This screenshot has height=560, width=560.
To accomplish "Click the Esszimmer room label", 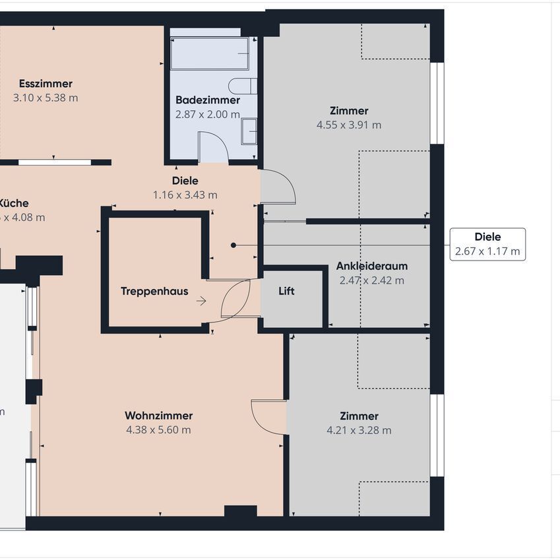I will [x=46, y=84].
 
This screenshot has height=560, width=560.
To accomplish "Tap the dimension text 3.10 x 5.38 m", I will [x=46, y=98].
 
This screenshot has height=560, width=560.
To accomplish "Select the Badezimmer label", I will [x=207, y=100].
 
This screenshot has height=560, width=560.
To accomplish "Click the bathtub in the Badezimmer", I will [x=210, y=53].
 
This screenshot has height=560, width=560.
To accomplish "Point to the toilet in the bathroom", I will [x=242, y=86].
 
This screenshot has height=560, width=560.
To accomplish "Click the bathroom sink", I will [x=249, y=131].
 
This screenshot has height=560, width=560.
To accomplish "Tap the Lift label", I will [x=286, y=291].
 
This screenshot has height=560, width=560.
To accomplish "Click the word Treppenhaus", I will [x=154, y=291].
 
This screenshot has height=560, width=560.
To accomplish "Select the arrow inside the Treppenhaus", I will [x=201, y=301].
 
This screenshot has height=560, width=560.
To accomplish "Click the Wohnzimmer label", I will [x=158, y=416].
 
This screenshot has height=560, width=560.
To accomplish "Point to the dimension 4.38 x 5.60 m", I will [x=158, y=430].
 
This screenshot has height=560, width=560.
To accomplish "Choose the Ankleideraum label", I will [x=371, y=266].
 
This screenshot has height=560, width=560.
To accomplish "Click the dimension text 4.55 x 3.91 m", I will [x=349, y=125].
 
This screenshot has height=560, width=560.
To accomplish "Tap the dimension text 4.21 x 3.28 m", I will [x=359, y=431].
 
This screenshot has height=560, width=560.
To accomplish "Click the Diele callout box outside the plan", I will [x=487, y=244].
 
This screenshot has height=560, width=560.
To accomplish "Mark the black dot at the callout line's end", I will [x=233, y=245].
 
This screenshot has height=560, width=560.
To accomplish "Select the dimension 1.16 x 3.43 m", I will [x=185, y=195].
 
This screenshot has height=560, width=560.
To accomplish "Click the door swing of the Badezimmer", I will [x=213, y=146].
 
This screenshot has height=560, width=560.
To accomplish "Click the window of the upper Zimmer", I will [x=437, y=103].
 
